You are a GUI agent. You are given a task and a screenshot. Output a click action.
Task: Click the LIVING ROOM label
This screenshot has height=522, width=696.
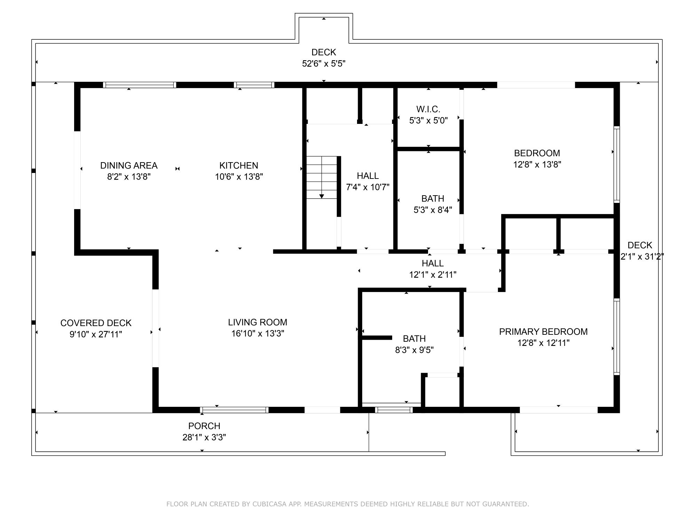pos(258,322)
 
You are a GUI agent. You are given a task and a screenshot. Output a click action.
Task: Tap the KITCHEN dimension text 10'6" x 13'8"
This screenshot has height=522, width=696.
pos(239,177)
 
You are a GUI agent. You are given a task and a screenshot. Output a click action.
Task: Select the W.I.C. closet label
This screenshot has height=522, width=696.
pos(428,109)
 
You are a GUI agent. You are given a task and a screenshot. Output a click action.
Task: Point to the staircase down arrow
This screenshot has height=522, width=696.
pos(322,196)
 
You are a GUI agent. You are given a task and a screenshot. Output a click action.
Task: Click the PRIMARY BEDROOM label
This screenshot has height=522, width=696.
pos(543,332)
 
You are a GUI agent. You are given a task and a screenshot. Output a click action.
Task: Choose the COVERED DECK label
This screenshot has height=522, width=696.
pos(96,323)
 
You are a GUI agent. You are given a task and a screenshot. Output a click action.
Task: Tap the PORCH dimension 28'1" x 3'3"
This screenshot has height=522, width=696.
pos(204,437)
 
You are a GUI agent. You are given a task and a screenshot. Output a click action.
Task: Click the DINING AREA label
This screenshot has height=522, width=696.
pos(129,165)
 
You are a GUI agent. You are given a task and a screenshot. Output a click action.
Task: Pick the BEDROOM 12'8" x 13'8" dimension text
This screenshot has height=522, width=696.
pos(537,165)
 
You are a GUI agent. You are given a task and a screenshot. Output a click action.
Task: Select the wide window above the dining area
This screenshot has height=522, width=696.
pos(140,85)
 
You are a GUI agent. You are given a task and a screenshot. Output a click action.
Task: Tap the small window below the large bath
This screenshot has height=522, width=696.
pos(394,410)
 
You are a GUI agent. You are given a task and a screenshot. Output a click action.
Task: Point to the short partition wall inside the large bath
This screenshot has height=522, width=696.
pos(377,338)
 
